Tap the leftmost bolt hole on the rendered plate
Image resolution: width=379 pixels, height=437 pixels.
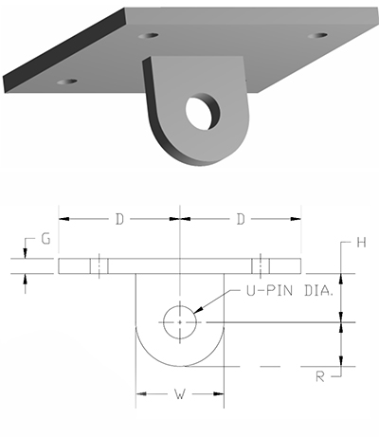pos(66,82)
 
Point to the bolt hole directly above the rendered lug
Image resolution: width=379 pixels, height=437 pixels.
pos(148,36)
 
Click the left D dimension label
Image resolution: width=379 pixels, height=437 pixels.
pos(118,219)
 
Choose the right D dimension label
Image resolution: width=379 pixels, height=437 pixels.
pos(241,219)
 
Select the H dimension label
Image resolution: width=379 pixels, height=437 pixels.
pos(360,243)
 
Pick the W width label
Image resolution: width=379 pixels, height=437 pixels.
pos(180,391)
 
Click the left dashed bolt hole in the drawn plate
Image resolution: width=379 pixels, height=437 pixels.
pos(98,265)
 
